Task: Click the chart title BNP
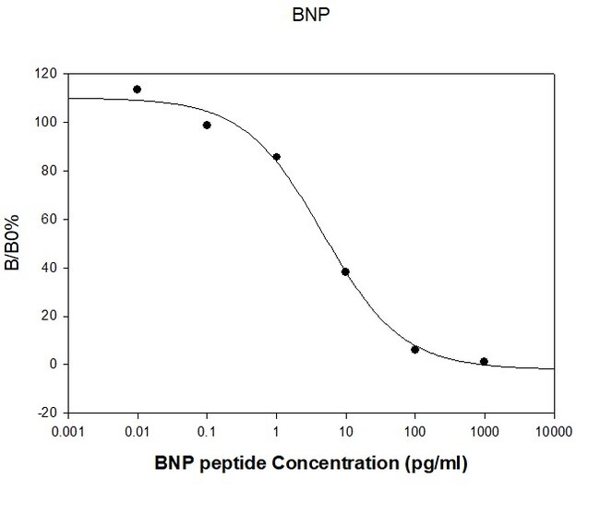pos(300,16)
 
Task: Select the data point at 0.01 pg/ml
pos(137,90)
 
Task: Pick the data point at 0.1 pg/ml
pos(207,125)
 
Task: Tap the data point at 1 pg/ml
pos(276,157)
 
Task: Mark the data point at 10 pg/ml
pos(345,271)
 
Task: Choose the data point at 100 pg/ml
pos(414,349)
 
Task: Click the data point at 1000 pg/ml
pos(484,361)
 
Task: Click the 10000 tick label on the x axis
pos(553,430)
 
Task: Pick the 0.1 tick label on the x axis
pos(207,430)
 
